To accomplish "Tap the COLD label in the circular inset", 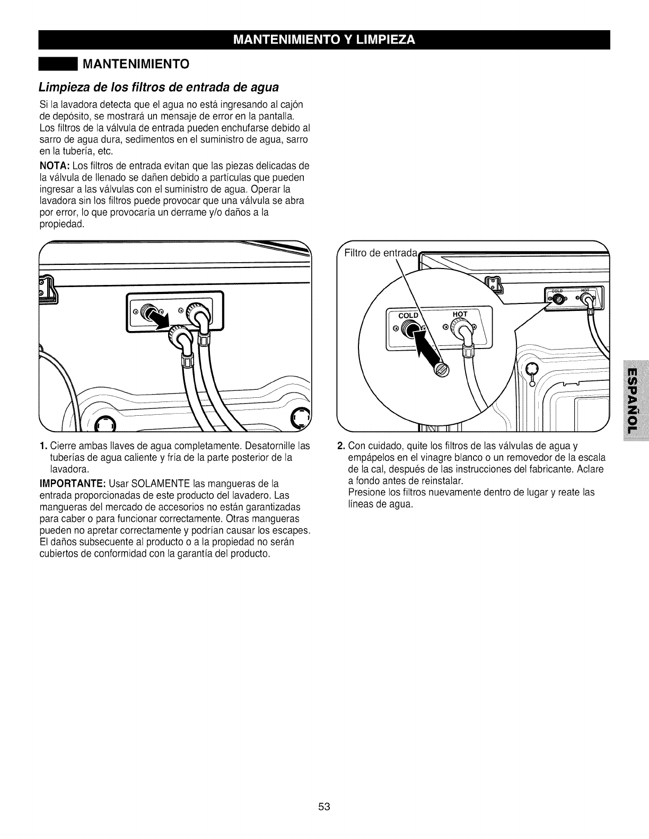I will (408, 315).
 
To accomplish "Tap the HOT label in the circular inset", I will (460, 314).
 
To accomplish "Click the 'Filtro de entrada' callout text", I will (381, 253).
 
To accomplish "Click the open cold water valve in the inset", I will (409, 332).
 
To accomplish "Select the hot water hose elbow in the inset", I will (462, 334).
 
